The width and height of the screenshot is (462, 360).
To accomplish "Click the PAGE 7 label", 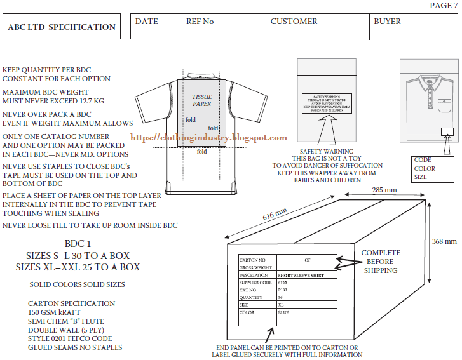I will coord(443,6).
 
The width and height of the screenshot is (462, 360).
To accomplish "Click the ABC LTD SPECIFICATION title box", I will coord(62,27).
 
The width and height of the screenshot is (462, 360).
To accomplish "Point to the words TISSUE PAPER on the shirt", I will coord(202,100).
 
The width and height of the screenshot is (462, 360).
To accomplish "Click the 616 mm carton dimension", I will coord(275,215).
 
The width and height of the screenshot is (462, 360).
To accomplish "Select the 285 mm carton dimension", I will coord(384,190).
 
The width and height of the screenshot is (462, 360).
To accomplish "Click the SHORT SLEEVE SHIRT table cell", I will coord(305,275).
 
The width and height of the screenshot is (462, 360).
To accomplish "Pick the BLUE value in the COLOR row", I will coord(284,312).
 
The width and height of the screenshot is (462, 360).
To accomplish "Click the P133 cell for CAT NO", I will coord(283,290).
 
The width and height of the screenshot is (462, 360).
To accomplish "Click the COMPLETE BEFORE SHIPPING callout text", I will coord(381,262).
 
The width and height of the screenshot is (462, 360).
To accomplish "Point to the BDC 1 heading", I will coord(78,244).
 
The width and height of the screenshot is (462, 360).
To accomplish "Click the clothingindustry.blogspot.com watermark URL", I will coord(208,138).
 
